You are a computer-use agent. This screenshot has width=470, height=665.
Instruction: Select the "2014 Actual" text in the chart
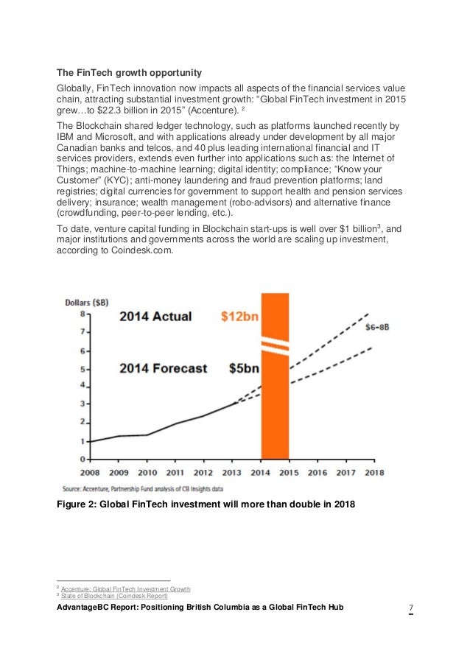tap(155, 317)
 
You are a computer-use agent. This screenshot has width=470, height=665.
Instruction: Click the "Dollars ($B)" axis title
tap(87, 301)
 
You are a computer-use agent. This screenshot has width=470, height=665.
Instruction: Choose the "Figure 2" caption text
tap(206, 504)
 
